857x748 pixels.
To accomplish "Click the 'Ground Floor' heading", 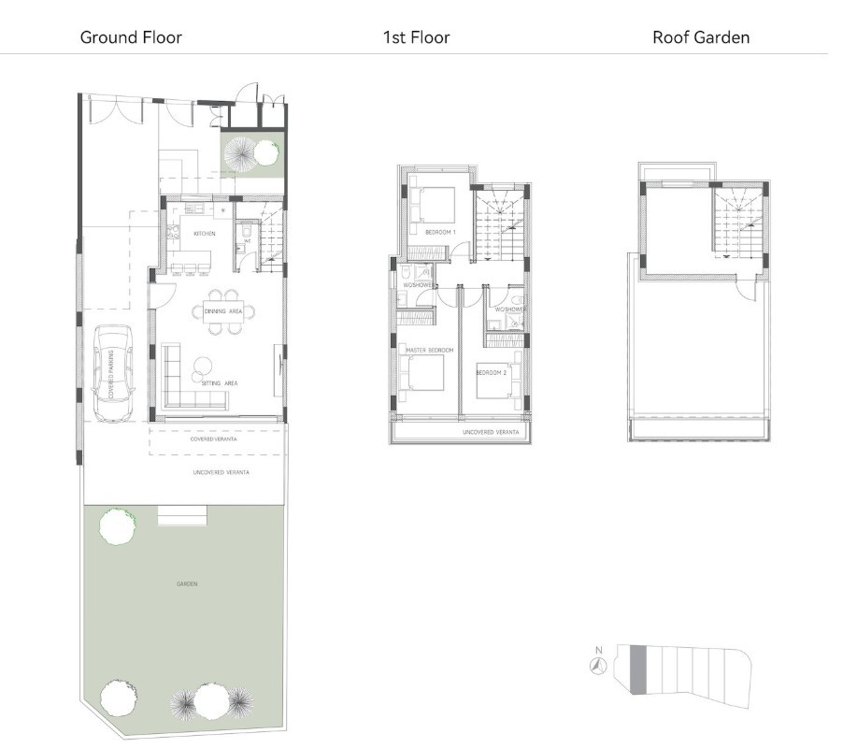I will click(x=131, y=38).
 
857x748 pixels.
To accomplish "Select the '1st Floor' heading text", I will click(x=416, y=38).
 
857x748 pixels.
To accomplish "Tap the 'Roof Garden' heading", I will click(x=701, y=38).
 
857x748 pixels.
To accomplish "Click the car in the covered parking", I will click(x=115, y=365).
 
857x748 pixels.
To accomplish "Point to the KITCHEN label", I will click(x=205, y=233).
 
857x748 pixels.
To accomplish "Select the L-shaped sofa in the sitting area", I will click(x=187, y=383).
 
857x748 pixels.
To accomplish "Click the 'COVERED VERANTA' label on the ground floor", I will click(x=212, y=439).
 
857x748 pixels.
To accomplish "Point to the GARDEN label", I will click(x=186, y=584).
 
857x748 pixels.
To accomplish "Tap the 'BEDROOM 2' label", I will click(x=491, y=373).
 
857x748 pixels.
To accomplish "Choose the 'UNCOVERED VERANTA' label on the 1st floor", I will click(x=491, y=433).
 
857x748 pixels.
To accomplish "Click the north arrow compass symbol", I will click(x=598, y=666).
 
